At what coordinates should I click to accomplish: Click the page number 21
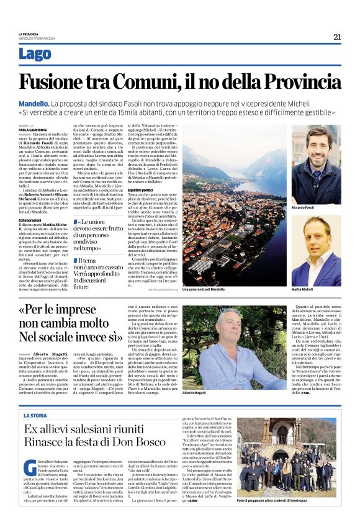[337, 37]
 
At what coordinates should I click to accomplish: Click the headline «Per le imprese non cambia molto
[68, 323]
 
